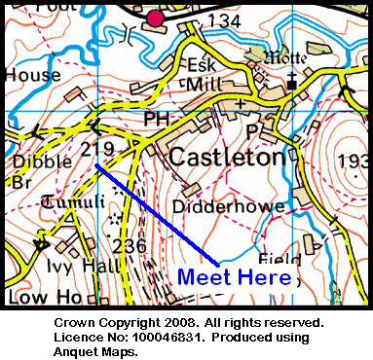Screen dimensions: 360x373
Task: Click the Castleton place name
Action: [x=229, y=156]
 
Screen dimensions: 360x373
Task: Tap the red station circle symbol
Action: [x=155, y=17]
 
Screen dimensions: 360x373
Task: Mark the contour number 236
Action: [x=130, y=246]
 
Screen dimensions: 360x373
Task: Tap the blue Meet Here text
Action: [x=234, y=277]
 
